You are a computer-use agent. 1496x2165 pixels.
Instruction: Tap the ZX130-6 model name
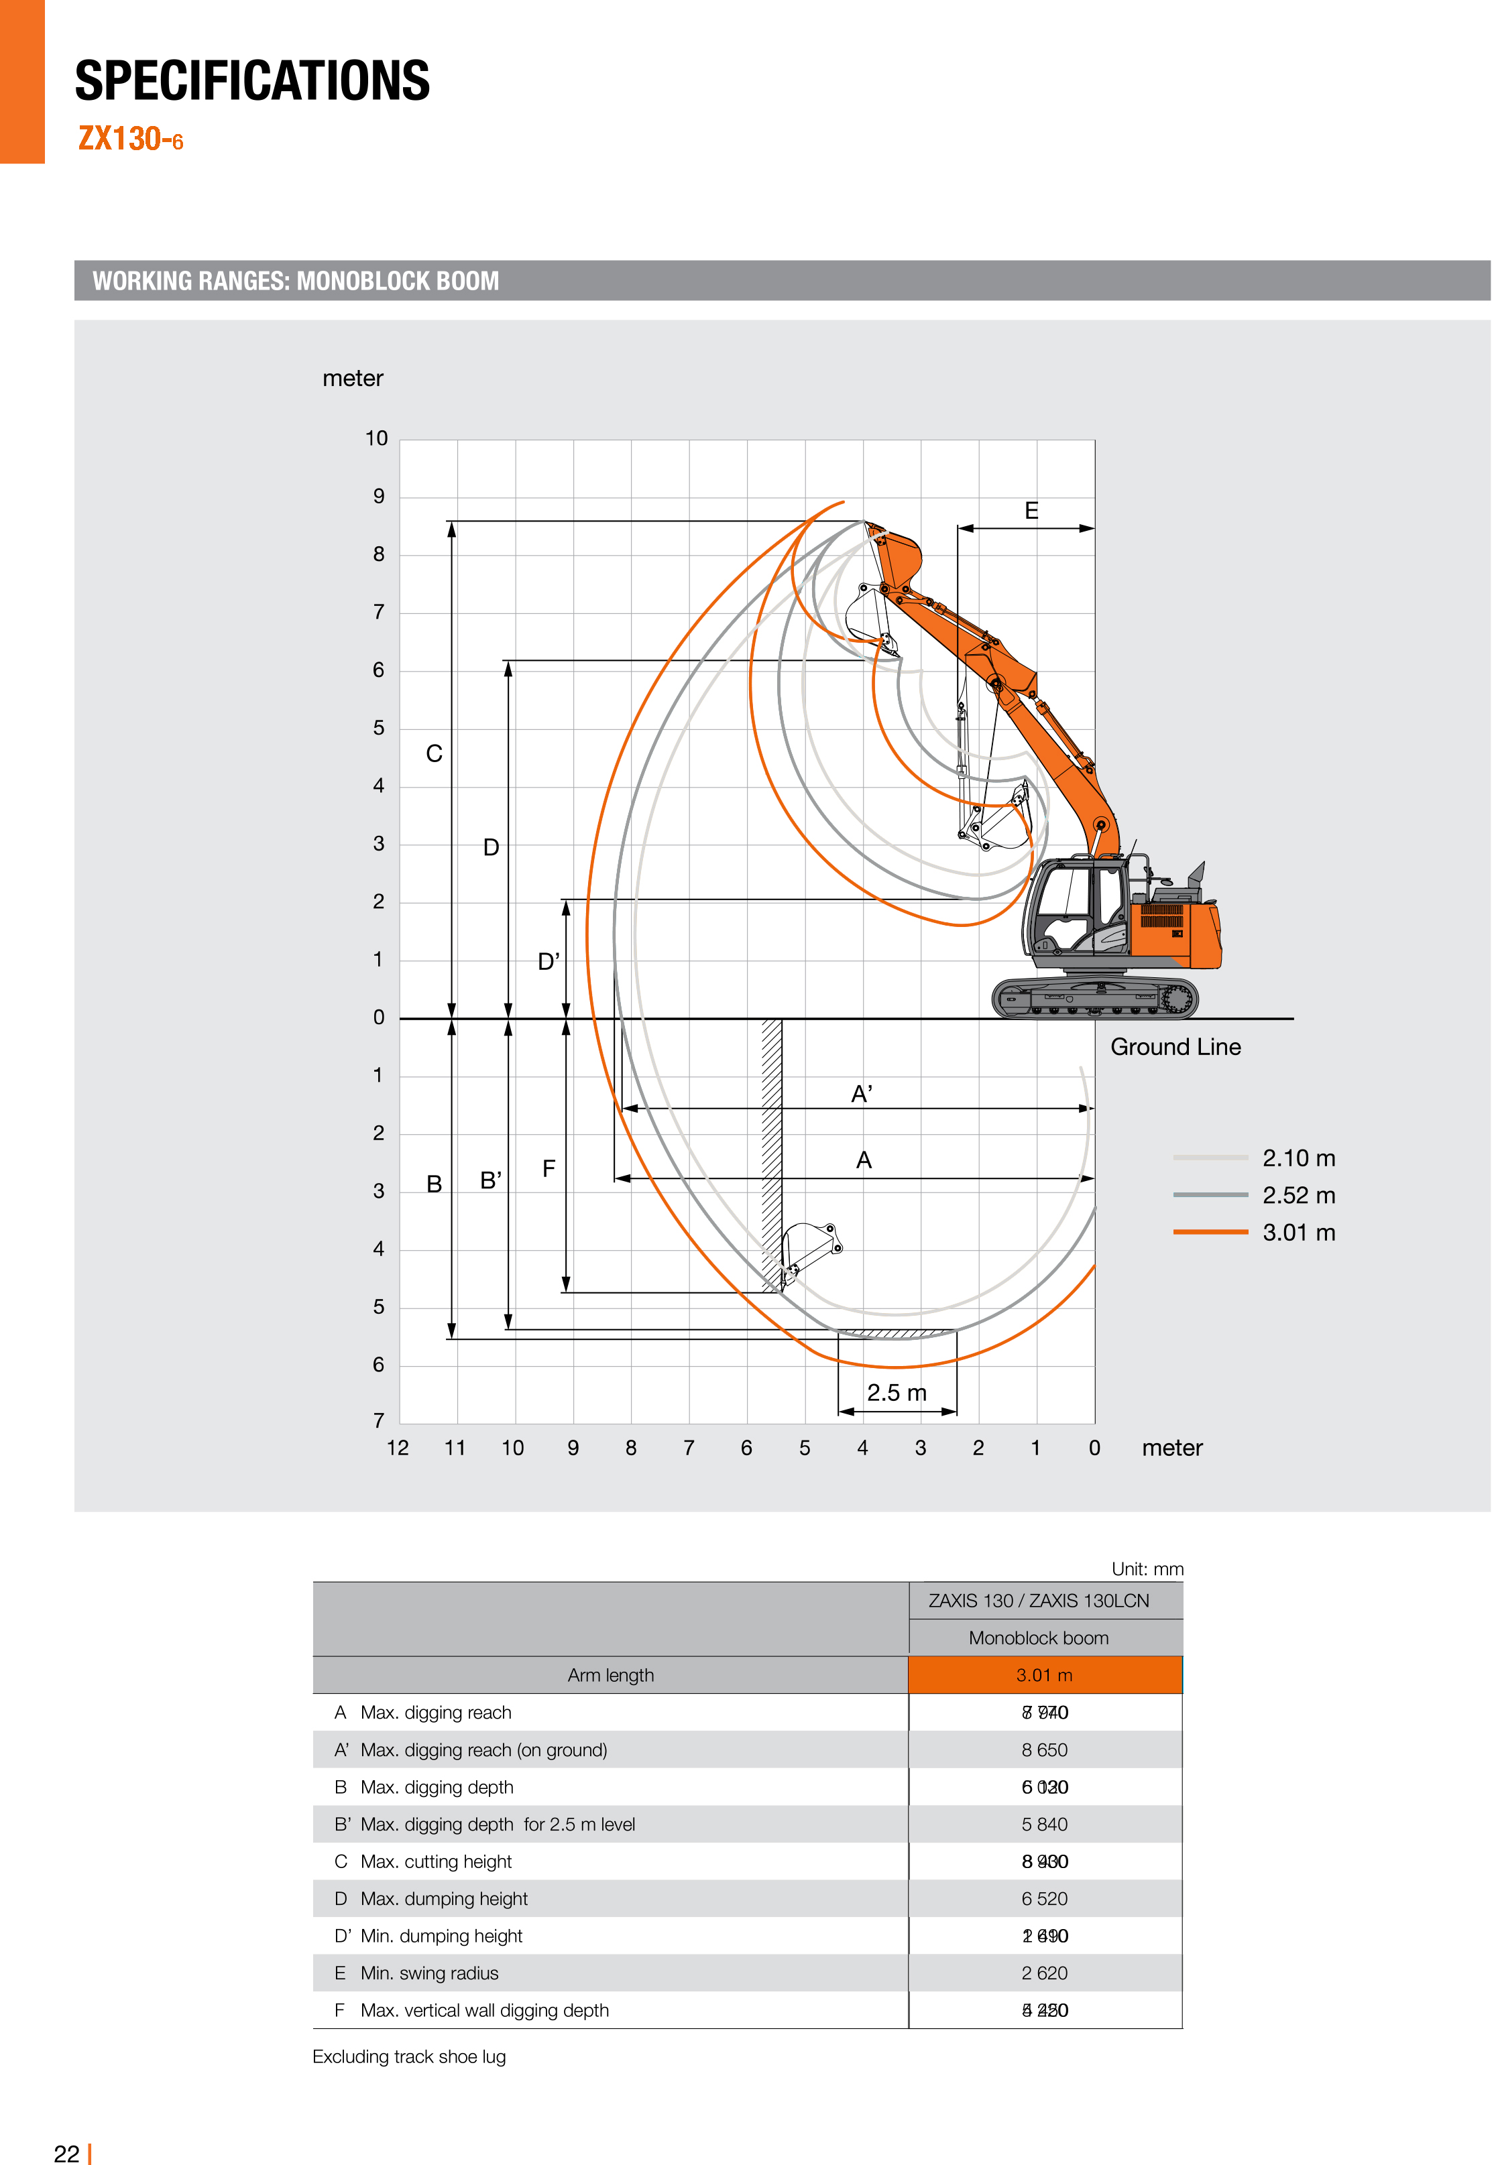point(130,139)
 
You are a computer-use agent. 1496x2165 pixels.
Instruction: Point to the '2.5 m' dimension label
point(896,1392)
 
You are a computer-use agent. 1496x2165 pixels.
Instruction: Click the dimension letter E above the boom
point(1031,511)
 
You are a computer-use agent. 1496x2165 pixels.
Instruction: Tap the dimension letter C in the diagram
point(434,753)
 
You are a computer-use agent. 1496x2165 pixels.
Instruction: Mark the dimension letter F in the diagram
point(549,1168)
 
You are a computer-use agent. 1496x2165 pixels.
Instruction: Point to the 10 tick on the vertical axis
point(376,438)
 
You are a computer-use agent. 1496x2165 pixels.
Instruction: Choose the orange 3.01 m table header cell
point(1044,1674)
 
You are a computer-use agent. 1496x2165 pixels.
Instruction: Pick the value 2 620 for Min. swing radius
point(1044,1972)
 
